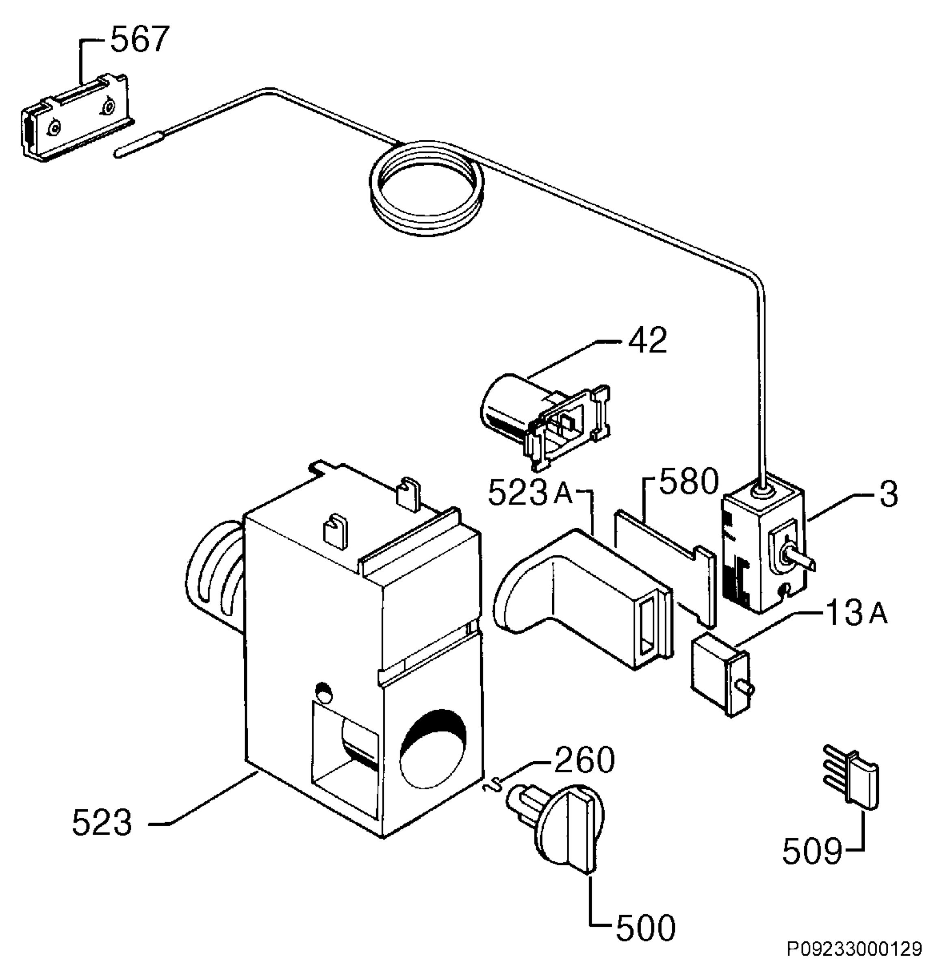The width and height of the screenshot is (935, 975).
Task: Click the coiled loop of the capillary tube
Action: pos(426,186)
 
